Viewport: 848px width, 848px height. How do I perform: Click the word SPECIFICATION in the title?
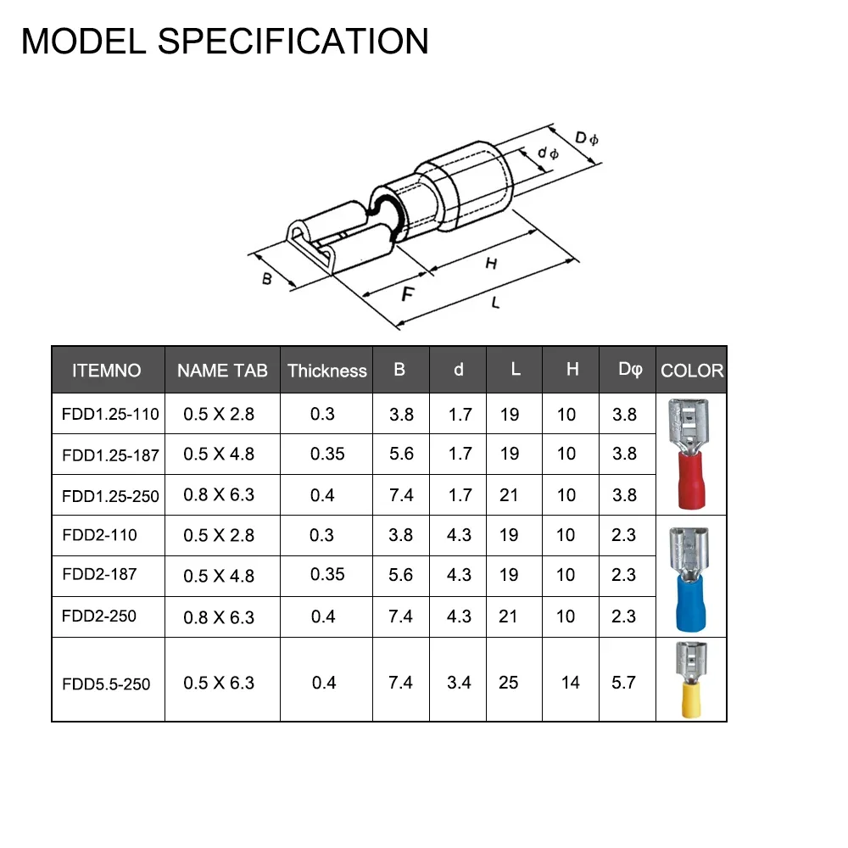[293, 41]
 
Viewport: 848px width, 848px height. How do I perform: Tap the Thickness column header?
[326, 371]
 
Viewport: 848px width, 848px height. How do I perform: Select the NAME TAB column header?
[222, 371]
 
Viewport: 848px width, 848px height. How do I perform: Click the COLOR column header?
[692, 371]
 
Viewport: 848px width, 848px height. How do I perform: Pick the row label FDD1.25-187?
[110, 455]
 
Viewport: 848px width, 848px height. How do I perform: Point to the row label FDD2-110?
[99, 535]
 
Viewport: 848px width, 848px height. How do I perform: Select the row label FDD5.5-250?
[106, 684]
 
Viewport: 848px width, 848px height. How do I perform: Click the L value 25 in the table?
[508, 683]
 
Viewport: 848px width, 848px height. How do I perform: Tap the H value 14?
[570, 683]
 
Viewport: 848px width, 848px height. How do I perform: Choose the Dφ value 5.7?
[623, 683]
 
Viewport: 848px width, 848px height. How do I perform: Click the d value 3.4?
[459, 683]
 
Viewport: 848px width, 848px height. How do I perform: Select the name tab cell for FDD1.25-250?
[219, 495]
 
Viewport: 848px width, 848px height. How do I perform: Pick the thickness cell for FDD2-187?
[327, 574]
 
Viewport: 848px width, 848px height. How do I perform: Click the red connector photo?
[689, 455]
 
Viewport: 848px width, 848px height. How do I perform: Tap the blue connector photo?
[689, 580]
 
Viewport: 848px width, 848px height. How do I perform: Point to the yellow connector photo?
[691, 680]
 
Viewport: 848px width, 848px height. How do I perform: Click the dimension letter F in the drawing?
[408, 293]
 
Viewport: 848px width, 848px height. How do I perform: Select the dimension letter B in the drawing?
[266, 278]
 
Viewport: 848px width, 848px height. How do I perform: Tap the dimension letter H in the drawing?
[491, 264]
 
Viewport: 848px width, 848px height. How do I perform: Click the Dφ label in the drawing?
[586, 138]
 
